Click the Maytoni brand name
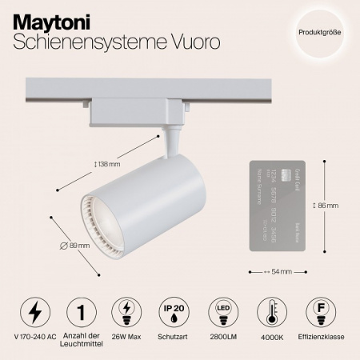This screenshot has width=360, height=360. click(47, 20)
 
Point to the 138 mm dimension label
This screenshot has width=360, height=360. click(106, 165)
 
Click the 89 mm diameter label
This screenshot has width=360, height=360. click(74, 244)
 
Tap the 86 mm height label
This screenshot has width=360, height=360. click(326, 205)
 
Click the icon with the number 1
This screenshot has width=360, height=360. click(80, 310)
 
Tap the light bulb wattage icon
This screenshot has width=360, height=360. click(126, 310)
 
